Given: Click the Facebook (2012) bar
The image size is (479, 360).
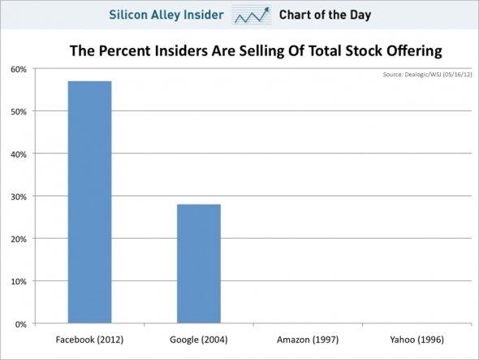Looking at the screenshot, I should (x=90, y=202).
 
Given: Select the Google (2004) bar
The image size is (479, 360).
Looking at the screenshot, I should (x=199, y=263).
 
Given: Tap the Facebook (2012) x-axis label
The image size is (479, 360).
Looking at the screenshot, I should (x=90, y=339).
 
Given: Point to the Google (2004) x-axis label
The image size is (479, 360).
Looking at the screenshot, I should (x=200, y=339).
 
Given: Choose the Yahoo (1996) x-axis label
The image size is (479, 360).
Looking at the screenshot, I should (x=417, y=339).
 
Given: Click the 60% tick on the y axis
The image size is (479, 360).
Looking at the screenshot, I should (x=18, y=69).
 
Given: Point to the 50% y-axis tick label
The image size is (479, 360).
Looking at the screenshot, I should (x=18, y=111).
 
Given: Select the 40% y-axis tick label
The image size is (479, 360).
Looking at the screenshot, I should (x=18, y=154).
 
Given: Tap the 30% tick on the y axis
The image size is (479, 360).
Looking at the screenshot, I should (x=18, y=197).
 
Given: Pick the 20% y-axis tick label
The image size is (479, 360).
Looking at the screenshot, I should (x=18, y=239).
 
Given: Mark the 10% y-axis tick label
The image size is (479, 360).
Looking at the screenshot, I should (x=18, y=281).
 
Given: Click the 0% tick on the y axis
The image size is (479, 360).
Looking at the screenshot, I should (x=20, y=323).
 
